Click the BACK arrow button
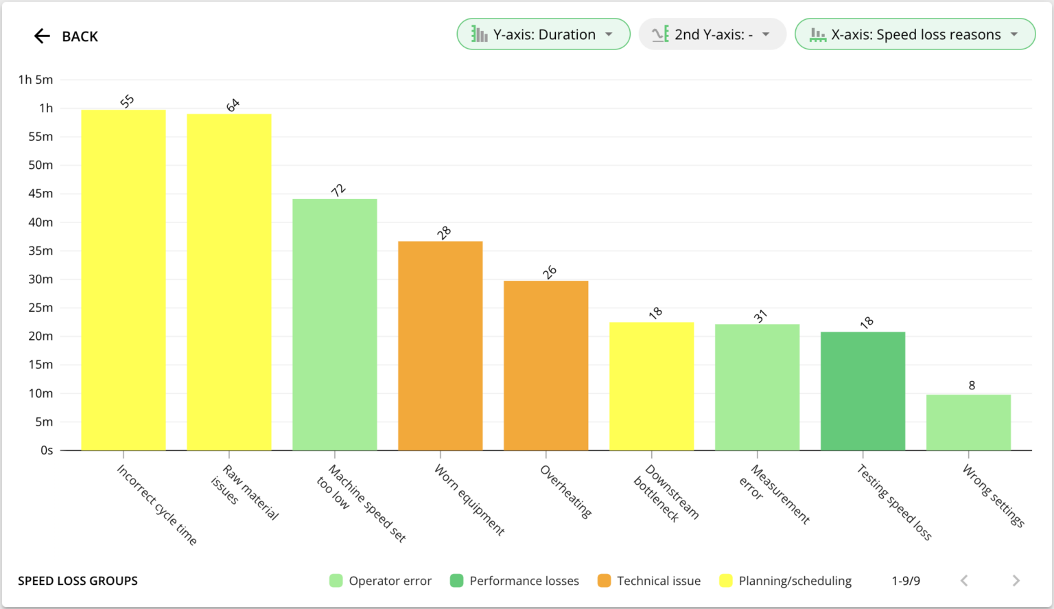point(43,36)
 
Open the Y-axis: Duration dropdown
point(543,34)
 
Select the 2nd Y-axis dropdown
point(712,34)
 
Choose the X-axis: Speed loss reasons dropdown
point(914,34)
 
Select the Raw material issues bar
point(229,282)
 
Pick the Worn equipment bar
point(441,346)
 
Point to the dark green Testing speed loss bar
point(863,391)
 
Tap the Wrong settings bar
point(968,423)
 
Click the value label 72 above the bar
point(338,191)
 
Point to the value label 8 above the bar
point(972,385)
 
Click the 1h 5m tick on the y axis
point(36,80)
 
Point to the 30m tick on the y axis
point(40,279)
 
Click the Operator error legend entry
point(381,581)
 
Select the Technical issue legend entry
point(649,581)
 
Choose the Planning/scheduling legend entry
point(786,581)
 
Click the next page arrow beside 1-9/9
point(1016,581)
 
